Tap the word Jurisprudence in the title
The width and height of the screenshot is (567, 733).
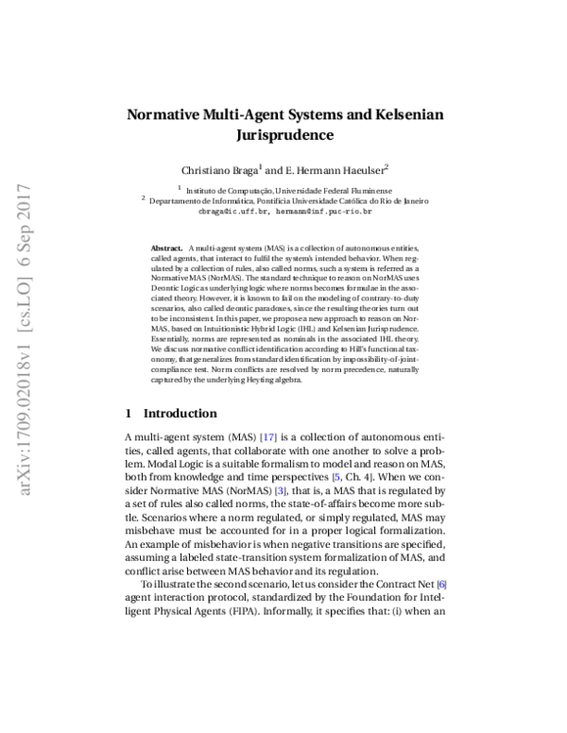pos(283,135)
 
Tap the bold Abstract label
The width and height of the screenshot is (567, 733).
pos(167,247)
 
